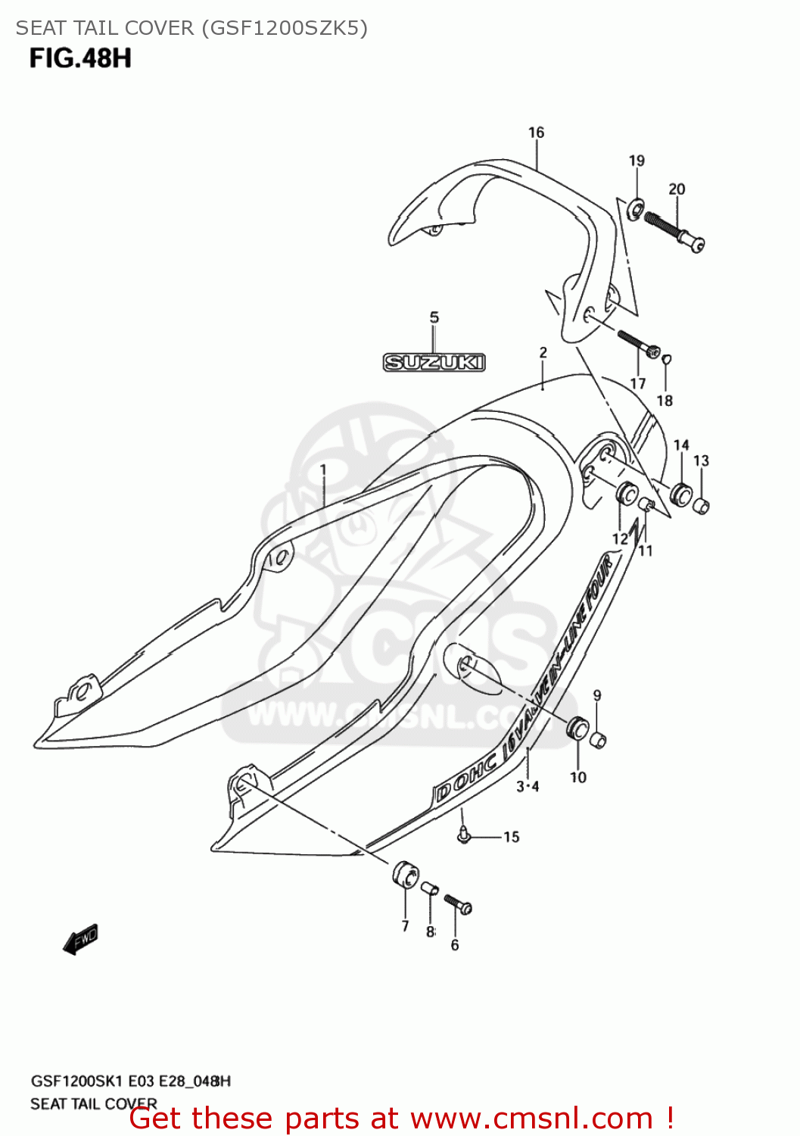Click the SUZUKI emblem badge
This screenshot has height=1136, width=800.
point(434,363)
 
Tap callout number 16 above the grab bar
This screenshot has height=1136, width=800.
point(536,133)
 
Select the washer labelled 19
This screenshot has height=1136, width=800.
point(637,205)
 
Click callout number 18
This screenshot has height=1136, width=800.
point(665,401)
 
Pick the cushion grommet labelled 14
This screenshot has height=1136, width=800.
point(681,495)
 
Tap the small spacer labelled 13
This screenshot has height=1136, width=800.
point(702,505)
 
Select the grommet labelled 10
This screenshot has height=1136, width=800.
point(578,729)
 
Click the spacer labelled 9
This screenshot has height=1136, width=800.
point(598,739)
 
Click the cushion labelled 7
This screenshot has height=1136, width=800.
point(405,875)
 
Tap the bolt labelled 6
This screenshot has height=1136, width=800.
point(458,903)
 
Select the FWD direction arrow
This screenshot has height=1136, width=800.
point(80,939)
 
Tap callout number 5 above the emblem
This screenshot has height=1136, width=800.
point(434,317)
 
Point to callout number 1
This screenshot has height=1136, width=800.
point(323,470)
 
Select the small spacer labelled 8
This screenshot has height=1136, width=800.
point(430,888)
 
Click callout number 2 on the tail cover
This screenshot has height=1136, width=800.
point(543,352)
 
